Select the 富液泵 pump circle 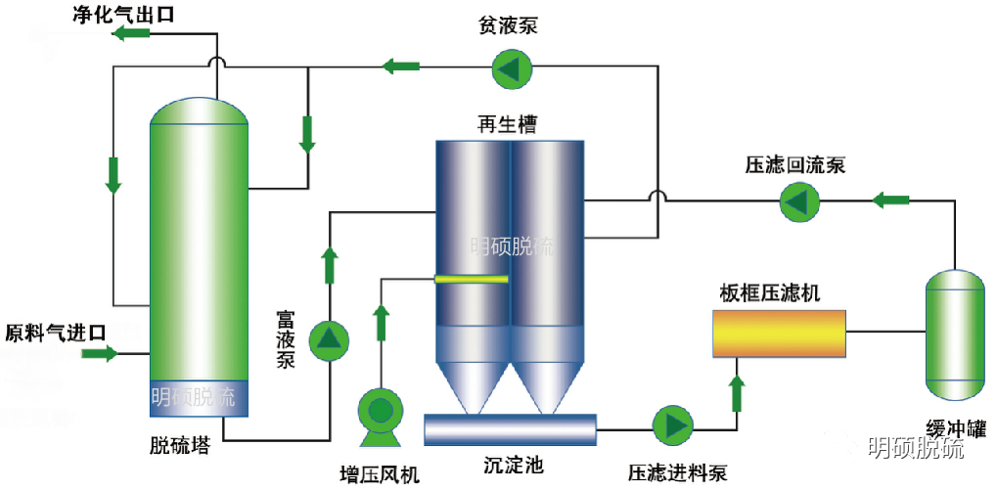pos(329,338)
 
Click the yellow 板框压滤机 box pos(780,334)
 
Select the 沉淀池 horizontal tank pos(510,428)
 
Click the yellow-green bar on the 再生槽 pos(473,280)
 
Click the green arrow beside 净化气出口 pos(131,34)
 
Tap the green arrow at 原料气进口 pos(98,353)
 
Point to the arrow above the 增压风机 pos(382,319)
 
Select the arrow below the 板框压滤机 pos(737,392)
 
